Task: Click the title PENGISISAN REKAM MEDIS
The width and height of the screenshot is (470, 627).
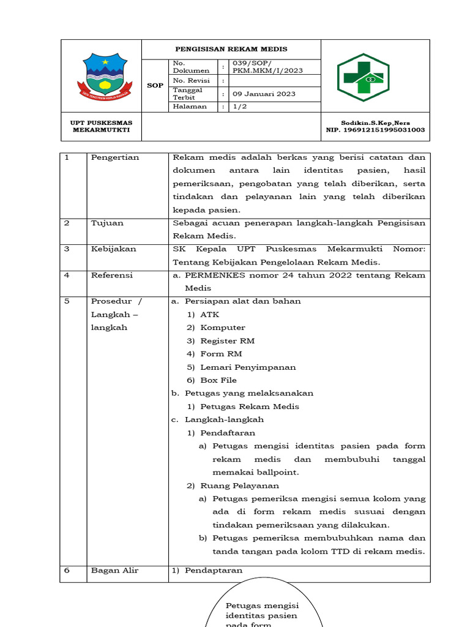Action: [x=231, y=49]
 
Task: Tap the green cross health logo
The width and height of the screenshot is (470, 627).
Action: [x=364, y=77]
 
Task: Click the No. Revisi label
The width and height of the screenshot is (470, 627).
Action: [x=192, y=80]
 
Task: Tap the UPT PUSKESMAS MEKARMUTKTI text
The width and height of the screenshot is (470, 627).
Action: [x=102, y=126]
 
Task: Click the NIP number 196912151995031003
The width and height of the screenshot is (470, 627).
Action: [x=376, y=130]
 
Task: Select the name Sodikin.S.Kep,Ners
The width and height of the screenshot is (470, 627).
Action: [x=375, y=122]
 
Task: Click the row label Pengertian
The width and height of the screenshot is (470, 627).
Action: [x=115, y=157]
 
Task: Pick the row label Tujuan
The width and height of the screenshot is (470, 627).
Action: [x=107, y=223]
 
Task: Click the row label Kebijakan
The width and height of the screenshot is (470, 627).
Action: [x=113, y=249]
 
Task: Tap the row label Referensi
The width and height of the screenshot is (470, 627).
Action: [x=112, y=276]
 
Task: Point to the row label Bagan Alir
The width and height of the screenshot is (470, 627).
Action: [x=115, y=570]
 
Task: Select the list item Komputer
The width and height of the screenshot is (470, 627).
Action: [x=223, y=328]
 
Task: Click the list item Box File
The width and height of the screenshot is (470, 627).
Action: [x=218, y=380]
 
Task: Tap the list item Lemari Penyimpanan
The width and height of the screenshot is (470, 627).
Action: [x=248, y=367]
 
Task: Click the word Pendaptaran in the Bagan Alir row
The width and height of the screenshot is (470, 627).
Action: [x=214, y=570]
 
